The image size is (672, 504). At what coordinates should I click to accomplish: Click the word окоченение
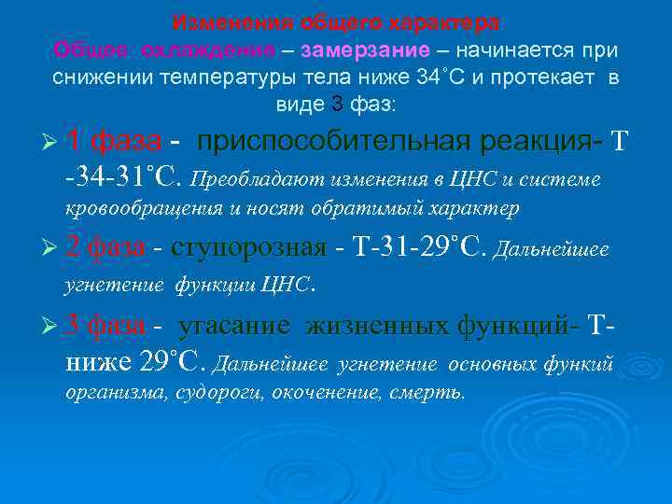point(329,393)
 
